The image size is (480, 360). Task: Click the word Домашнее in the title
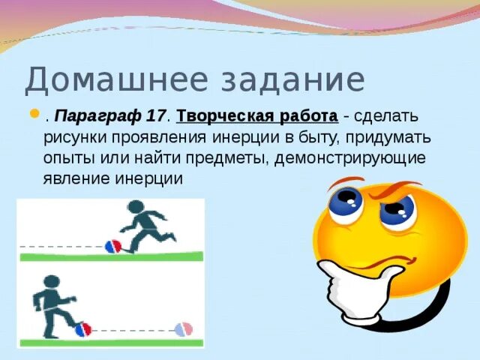(x=116, y=80)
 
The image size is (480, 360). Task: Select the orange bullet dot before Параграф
(x=35, y=114)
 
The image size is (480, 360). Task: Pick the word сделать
(x=386, y=117)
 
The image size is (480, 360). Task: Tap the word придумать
(x=388, y=138)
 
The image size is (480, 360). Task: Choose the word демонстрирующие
(x=350, y=159)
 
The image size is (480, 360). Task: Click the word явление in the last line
(x=76, y=178)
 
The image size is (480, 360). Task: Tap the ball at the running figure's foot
(x=113, y=247)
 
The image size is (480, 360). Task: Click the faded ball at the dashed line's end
(x=184, y=329)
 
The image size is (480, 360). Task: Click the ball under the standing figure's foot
(x=83, y=329)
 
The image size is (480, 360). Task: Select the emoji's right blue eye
(x=397, y=210)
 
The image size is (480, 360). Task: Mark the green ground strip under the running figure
(x=112, y=256)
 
